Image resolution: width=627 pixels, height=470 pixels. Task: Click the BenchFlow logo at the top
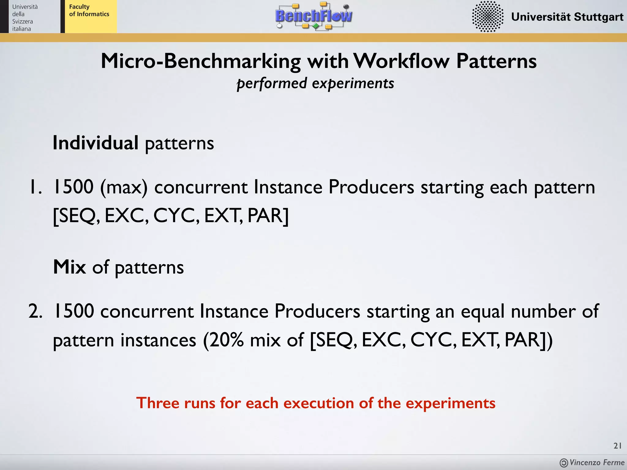point(314,16)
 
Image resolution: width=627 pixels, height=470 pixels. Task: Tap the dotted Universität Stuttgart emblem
point(487,17)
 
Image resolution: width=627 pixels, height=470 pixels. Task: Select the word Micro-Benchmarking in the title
point(201,61)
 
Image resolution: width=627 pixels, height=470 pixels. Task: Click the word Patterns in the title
point(496,61)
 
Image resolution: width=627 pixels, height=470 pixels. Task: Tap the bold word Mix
point(69,267)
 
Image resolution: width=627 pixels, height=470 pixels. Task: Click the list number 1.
point(35,187)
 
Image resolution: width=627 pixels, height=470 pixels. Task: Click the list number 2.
point(35,311)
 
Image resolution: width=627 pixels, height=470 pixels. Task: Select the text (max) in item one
point(124,187)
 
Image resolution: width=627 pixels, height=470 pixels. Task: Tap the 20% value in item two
point(227,340)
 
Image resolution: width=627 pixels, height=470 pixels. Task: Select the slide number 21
point(618,446)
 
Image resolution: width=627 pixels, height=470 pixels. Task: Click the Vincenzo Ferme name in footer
point(597,462)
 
